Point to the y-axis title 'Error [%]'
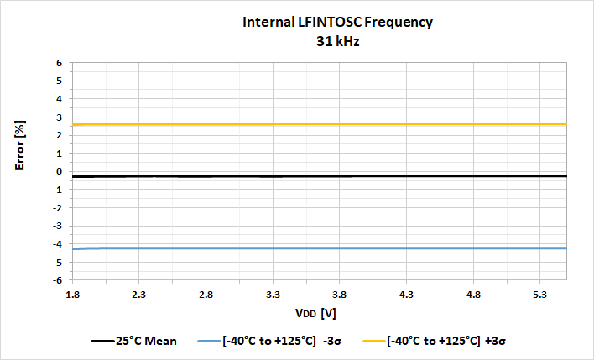(x=21, y=146)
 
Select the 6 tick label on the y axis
(x=60, y=63)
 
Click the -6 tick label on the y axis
(x=58, y=280)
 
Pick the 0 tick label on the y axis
(x=60, y=171)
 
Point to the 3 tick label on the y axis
(x=60, y=117)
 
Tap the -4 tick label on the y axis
(x=58, y=244)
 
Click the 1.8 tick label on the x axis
(x=73, y=295)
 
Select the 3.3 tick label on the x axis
(x=273, y=295)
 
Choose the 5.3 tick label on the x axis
(x=539, y=295)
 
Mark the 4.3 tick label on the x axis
(x=406, y=295)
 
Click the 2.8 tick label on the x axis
(x=206, y=295)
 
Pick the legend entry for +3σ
(x=436, y=342)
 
